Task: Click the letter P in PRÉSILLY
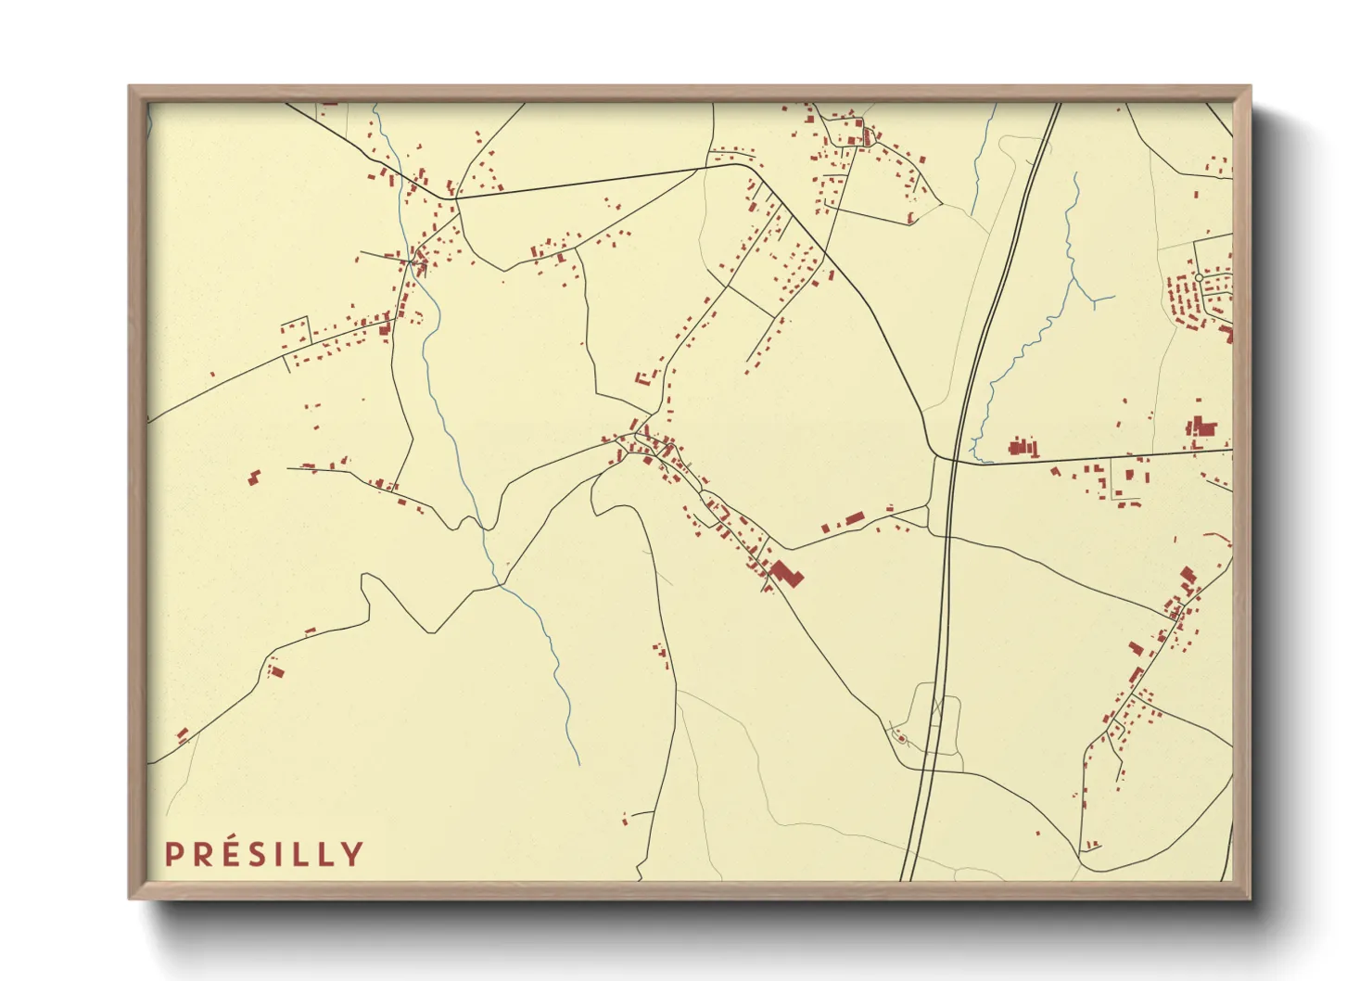(172, 854)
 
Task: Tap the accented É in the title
(233, 853)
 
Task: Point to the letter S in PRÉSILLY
(262, 854)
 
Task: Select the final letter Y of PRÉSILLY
(351, 854)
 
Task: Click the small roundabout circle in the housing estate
(1199, 277)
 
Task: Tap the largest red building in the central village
(786, 573)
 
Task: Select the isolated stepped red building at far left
(253, 477)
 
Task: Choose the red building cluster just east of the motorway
(1023, 447)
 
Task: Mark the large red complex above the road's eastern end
(1201, 427)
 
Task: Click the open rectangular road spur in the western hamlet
(295, 329)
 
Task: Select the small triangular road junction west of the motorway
(930, 520)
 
